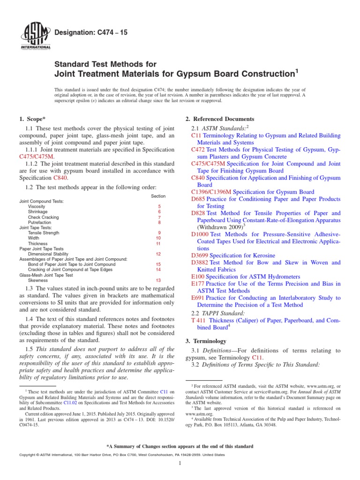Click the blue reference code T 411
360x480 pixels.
click(199, 320)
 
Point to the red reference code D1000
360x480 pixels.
click(200, 234)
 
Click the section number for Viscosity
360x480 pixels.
click(159, 206)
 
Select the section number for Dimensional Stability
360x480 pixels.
click(158, 254)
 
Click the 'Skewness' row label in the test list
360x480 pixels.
click(37, 280)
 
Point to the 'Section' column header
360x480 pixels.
click(158, 196)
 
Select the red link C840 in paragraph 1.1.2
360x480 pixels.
click(60, 178)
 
